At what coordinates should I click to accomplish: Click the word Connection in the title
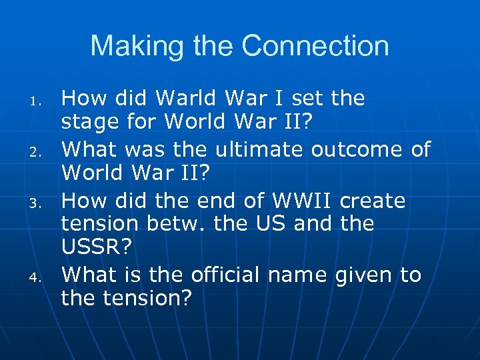pyautogui.click(x=315, y=46)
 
